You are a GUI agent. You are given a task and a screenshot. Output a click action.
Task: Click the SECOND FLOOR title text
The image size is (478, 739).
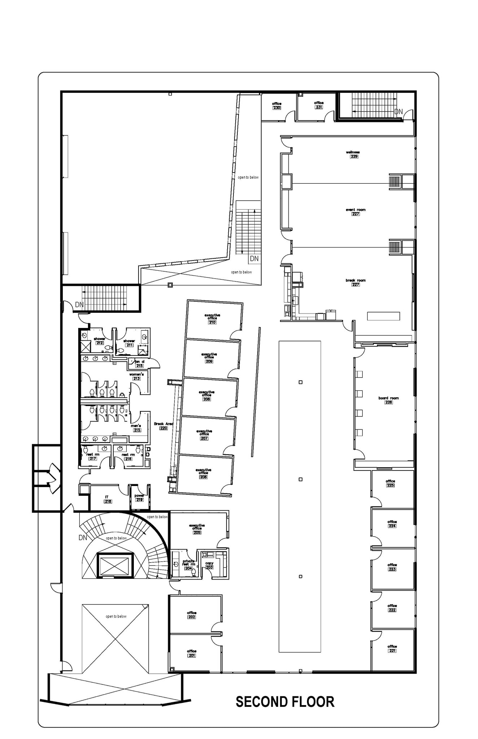[285, 702]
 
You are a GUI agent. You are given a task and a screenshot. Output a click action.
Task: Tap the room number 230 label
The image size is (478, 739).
[277, 108]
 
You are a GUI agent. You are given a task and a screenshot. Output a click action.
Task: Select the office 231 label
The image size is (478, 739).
[319, 105]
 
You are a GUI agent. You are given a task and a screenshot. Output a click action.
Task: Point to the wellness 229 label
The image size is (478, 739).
[353, 154]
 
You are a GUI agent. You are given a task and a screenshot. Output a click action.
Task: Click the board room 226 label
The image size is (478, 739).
[389, 400]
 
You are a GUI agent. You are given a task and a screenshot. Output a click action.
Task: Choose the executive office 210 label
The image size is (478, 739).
[212, 319]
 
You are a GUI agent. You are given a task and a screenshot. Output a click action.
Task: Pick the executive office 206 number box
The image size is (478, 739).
[203, 477]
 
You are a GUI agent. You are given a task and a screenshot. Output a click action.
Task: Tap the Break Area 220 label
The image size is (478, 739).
[163, 426]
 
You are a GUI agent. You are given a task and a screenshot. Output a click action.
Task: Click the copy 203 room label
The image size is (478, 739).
[209, 565]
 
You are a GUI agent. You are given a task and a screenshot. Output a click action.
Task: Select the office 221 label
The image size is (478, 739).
[392, 648]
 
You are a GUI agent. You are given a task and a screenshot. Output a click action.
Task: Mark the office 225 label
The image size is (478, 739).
[390, 483]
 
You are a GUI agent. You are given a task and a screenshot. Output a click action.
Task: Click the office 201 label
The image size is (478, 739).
[192, 653]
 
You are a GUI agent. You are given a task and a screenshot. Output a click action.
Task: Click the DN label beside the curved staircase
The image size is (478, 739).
[83, 538]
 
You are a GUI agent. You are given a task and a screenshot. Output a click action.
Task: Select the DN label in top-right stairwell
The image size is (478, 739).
[398, 112]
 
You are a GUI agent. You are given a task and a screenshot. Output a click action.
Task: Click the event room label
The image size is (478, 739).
[356, 212]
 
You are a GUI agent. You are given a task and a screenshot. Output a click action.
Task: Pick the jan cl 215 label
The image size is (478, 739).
[140, 363]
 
